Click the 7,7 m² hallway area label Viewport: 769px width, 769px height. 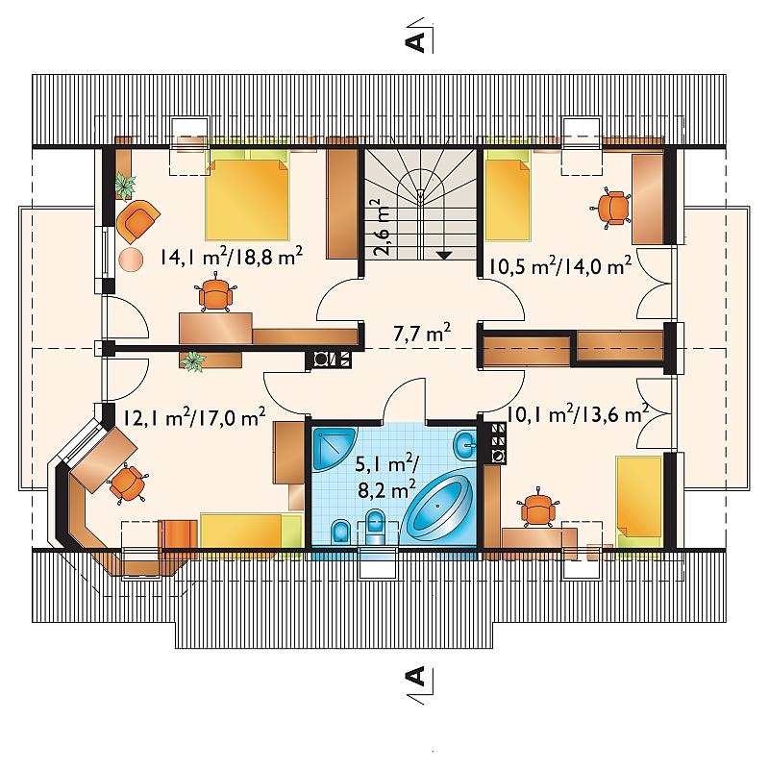(x=422, y=334)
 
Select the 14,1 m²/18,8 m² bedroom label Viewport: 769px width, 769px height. (x=231, y=256)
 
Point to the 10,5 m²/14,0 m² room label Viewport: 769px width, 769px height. (x=559, y=266)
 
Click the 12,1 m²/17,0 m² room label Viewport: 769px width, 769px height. (x=194, y=417)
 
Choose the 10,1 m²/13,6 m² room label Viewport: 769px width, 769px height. (x=578, y=415)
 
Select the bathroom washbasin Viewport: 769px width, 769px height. (x=465, y=445)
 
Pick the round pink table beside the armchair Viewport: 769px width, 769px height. (x=131, y=260)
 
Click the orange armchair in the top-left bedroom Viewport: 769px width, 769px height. (x=137, y=222)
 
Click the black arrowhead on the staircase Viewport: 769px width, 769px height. (x=444, y=255)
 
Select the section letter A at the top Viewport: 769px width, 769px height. (x=416, y=42)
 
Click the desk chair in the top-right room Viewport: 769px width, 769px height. (x=611, y=208)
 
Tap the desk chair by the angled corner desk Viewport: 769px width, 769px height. (x=127, y=484)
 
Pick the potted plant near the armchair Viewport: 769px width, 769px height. (x=126, y=186)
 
